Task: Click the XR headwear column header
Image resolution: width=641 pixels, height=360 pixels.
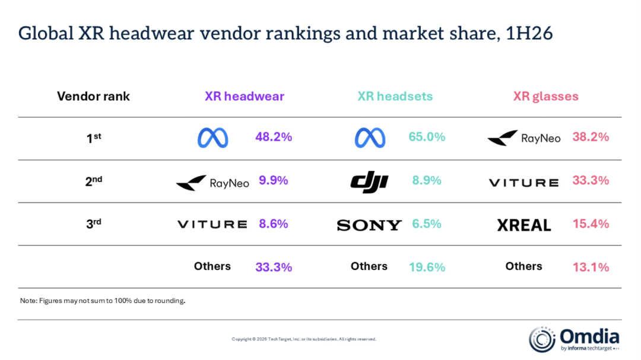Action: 245,96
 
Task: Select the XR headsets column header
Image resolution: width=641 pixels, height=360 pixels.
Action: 395,96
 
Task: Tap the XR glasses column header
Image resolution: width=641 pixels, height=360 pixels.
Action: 546,97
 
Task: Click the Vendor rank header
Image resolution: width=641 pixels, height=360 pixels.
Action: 93,96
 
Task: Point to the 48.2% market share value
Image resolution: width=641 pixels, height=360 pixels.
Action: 274,137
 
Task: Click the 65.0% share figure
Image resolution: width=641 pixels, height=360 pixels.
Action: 427,137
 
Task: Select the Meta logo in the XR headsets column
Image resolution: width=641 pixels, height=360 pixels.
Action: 370,138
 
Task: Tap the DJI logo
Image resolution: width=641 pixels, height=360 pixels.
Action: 370,182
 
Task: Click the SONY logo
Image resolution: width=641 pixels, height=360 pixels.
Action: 369,225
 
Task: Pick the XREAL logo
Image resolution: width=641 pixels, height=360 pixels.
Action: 524,225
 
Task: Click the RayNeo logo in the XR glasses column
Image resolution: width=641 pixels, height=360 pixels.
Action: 524,138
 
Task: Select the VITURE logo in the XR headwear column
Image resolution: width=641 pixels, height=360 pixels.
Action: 212,224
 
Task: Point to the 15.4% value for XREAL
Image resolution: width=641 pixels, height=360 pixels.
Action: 591,224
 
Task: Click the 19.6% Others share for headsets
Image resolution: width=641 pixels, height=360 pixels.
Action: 427,267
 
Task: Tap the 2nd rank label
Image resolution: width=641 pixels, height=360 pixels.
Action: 94,181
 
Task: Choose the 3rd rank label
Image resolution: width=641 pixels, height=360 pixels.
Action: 94,224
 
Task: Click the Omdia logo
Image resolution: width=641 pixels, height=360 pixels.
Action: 574,339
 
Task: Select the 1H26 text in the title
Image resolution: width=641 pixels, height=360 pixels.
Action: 529,33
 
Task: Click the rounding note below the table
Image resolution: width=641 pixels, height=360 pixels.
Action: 103,301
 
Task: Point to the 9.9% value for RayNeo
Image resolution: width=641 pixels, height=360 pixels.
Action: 274,181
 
